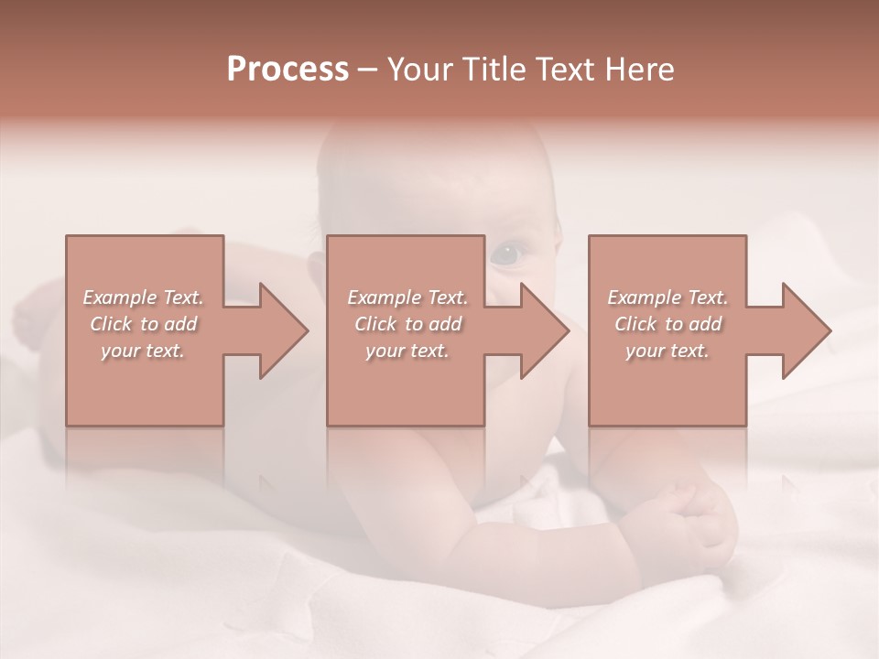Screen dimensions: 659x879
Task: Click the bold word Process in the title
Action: (x=288, y=70)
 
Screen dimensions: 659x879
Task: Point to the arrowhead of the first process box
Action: (x=283, y=330)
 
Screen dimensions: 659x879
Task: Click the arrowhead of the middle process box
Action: (x=544, y=330)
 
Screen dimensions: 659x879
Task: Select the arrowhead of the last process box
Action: (x=806, y=330)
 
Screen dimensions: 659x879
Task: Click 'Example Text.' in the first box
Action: (x=143, y=297)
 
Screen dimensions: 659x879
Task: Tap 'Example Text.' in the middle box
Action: (x=407, y=297)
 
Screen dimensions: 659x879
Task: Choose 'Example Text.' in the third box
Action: (x=667, y=297)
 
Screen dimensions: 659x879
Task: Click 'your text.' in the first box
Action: (x=143, y=351)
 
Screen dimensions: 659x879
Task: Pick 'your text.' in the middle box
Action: (x=407, y=351)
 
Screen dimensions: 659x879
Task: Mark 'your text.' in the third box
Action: (x=667, y=351)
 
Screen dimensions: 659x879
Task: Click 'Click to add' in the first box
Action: (x=143, y=324)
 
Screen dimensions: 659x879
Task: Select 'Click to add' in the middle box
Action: (x=407, y=324)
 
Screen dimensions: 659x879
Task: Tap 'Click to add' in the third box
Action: (x=667, y=324)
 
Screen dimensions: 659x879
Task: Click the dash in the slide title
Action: (x=368, y=70)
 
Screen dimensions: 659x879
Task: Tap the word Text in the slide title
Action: (x=567, y=70)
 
